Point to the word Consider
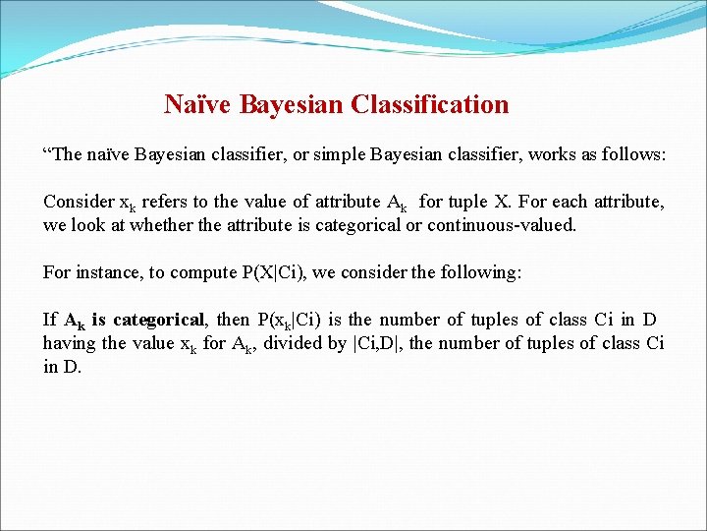pyautogui.click(x=79, y=202)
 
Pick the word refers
pyautogui.click(x=165, y=202)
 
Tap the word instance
pyautogui.click(x=107, y=272)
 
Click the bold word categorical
pyautogui.click(x=158, y=320)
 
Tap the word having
pyautogui.click(x=70, y=343)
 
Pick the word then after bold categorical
pyautogui.click(x=233, y=320)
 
